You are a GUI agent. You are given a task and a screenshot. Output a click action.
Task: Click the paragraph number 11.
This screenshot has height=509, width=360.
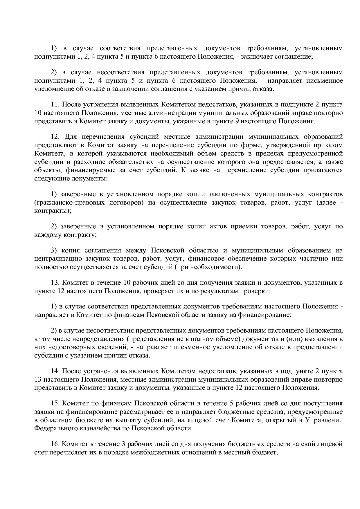pyautogui.click(x=55, y=104)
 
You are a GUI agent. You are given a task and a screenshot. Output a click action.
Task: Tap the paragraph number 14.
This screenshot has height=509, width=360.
pyautogui.click(x=55, y=371)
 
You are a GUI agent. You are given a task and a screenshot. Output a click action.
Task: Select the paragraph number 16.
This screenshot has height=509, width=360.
pyautogui.click(x=55, y=444)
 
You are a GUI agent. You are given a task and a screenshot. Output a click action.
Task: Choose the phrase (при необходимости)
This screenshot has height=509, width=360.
pyautogui.click(x=208, y=267)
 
